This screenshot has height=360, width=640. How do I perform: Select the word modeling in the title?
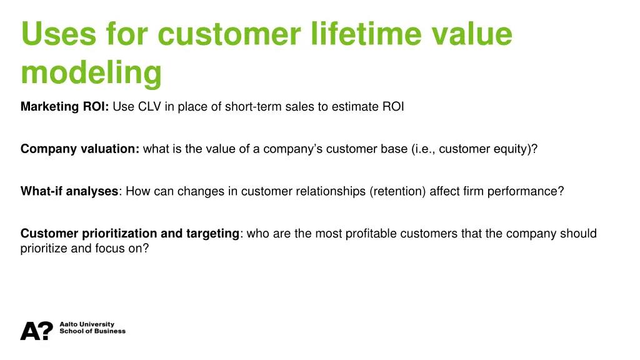(91, 72)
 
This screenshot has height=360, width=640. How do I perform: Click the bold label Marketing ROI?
(65, 107)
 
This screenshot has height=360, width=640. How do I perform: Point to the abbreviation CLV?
(149, 107)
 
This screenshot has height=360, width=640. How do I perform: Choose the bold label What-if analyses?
(69, 191)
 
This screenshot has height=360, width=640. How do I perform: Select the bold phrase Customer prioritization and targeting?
(130, 234)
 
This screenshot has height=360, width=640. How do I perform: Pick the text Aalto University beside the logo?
(87, 324)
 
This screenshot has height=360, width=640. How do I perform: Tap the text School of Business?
(92, 331)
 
